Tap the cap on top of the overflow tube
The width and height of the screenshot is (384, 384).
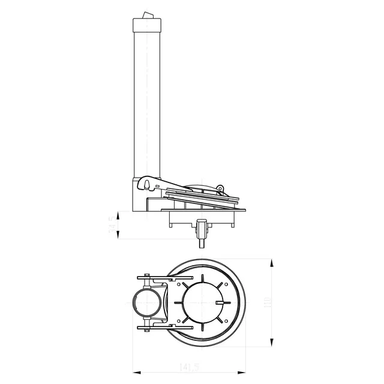pos(147,25)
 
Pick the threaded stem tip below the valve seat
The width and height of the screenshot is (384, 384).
pos(202,244)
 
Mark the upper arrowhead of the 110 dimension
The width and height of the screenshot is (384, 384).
pos(272,263)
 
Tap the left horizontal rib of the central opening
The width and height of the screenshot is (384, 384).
pos(178,303)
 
